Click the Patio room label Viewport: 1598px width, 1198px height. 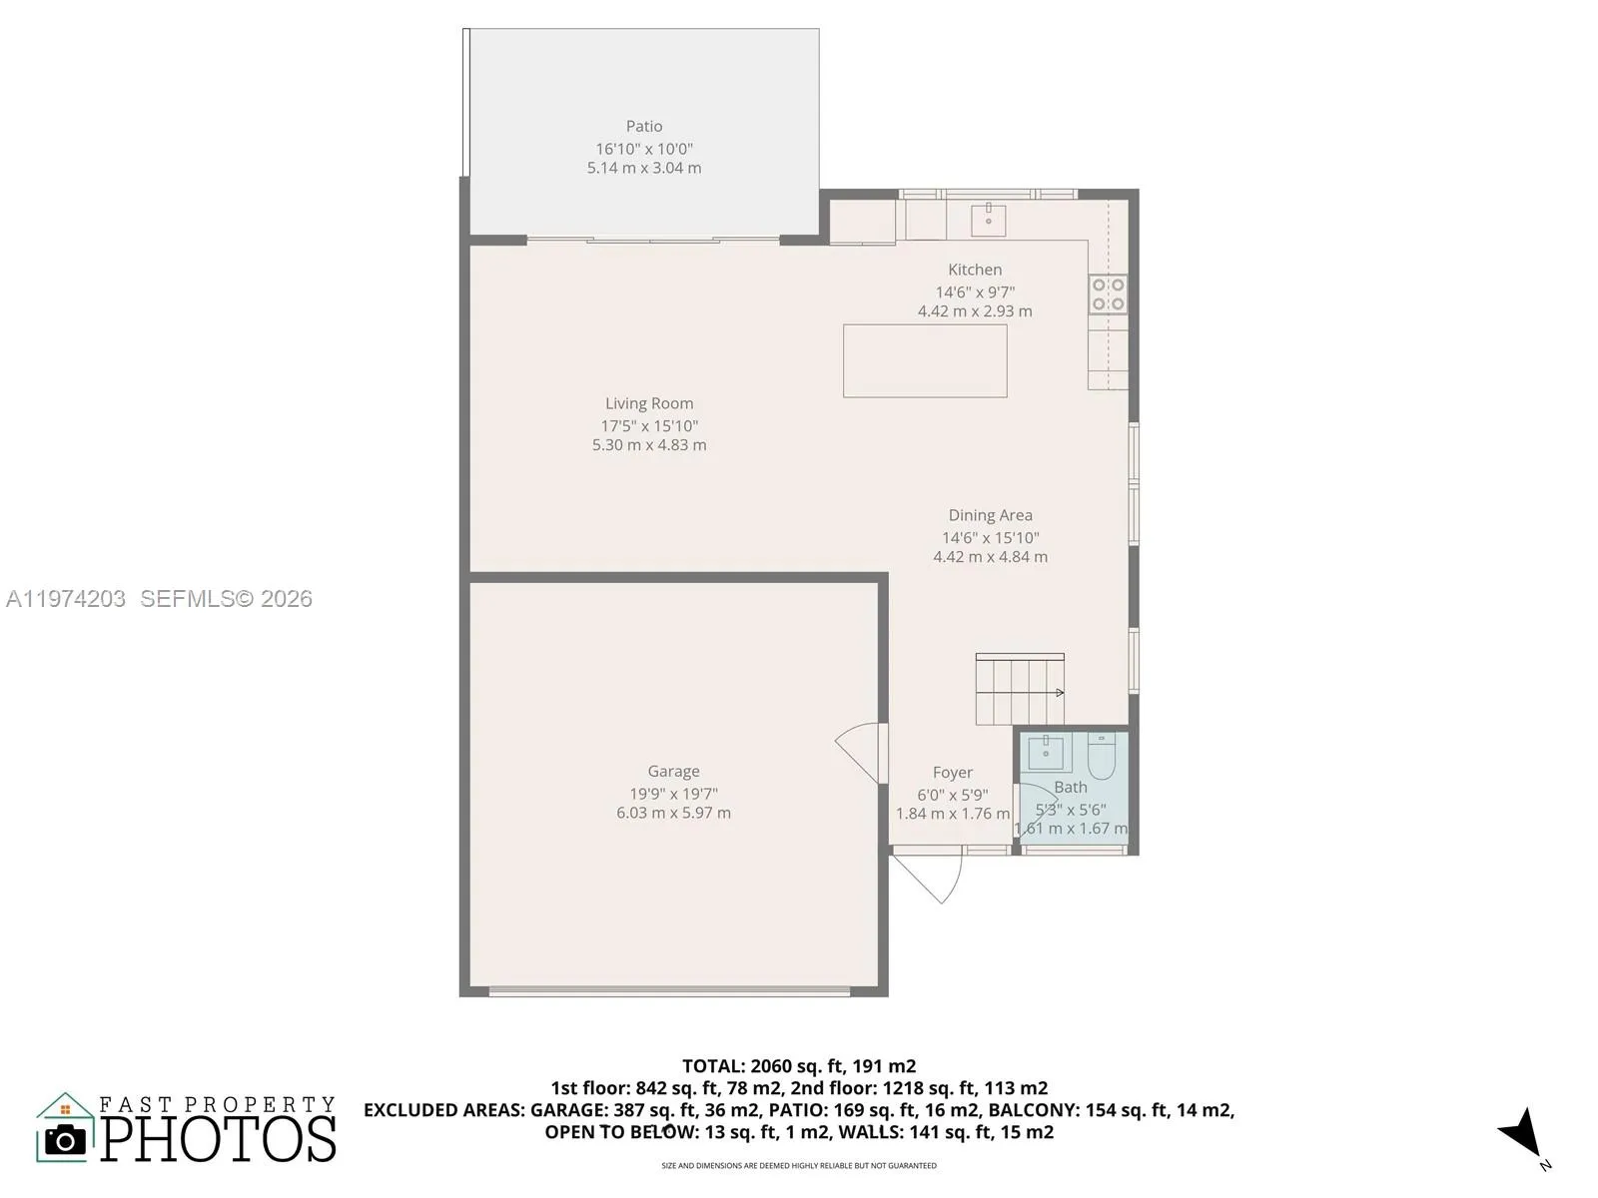(644, 126)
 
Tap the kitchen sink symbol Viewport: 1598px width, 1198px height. (988, 220)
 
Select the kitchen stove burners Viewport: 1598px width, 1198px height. (1108, 294)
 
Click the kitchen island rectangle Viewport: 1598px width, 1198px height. (925, 360)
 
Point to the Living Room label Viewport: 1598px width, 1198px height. (649, 403)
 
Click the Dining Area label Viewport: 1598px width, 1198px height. (990, 515)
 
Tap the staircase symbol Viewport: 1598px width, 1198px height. (1020, 690)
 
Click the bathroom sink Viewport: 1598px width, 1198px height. (1046, 753)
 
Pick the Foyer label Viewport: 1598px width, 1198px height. (952, 772)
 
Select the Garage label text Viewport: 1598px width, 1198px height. (673, 771)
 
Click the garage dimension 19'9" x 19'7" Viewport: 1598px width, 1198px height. (673, 794)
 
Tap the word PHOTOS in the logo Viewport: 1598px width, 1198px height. (219, 1139)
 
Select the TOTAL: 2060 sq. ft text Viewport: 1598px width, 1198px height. (798, 1066)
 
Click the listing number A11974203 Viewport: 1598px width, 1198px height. (66, 598)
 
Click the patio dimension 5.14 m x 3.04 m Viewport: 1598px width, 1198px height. (644, 168)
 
